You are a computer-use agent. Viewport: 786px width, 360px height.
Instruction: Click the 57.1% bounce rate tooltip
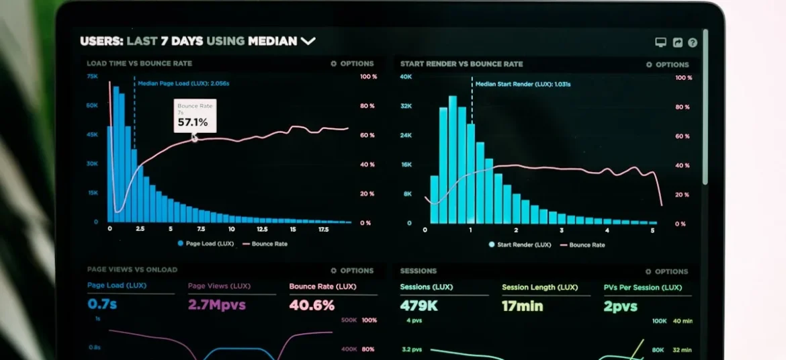(195, 116)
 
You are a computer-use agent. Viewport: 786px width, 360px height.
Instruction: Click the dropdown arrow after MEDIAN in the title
(308, 41)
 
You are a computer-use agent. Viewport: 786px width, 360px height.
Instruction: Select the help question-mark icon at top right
(693, 42)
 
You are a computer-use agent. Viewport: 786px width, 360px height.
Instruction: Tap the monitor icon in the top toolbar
(660, 42)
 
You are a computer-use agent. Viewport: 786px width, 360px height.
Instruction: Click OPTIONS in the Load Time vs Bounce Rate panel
(352, 64)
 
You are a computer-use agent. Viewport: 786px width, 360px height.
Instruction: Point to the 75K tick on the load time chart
(92, 77)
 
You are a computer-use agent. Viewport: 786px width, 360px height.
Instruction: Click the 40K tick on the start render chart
(406, 77)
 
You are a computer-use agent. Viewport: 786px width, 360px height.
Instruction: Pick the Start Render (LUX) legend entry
(521, 244)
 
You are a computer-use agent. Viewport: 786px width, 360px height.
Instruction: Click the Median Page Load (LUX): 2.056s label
(183, 84)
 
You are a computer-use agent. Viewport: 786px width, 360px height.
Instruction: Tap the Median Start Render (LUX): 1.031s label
(523, 84)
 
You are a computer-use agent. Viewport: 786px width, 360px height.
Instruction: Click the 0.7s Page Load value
(102, 305)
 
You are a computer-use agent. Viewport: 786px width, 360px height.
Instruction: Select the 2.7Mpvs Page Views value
(216, 305)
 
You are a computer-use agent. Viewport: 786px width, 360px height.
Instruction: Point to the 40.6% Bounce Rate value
(312, 306)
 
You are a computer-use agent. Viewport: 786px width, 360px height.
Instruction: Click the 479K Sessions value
(419, 306)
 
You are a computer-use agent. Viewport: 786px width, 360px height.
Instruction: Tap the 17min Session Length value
(522, 306)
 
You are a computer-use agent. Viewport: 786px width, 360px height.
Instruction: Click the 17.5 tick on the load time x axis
(322, 229)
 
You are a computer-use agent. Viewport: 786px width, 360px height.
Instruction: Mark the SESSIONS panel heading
(418, 271)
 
